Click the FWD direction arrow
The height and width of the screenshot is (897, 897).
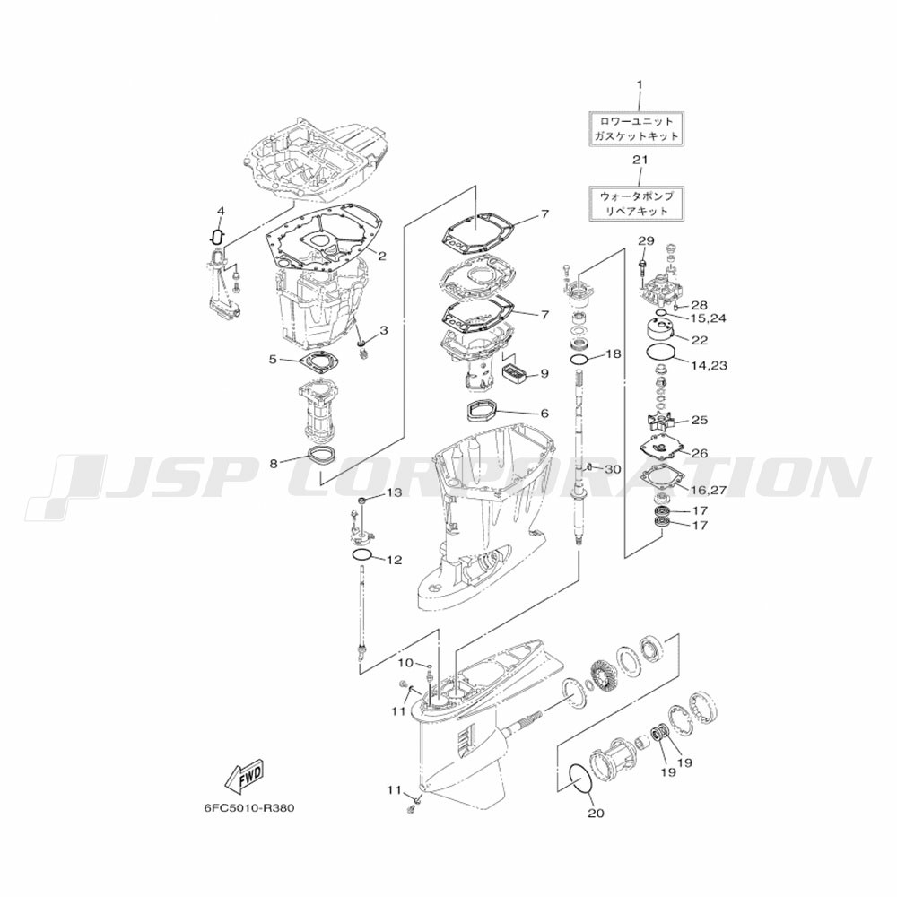[244, 775]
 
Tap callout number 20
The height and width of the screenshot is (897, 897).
[596, 813]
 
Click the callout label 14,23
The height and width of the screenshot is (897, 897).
[708, 365]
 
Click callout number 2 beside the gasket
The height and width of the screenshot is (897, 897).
[381, 256]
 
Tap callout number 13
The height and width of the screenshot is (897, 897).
[394, 492]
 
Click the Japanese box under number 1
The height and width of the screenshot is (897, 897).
[639, 128]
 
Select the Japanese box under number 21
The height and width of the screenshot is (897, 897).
[639, 203]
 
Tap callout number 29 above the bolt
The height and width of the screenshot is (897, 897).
[647, 240]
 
